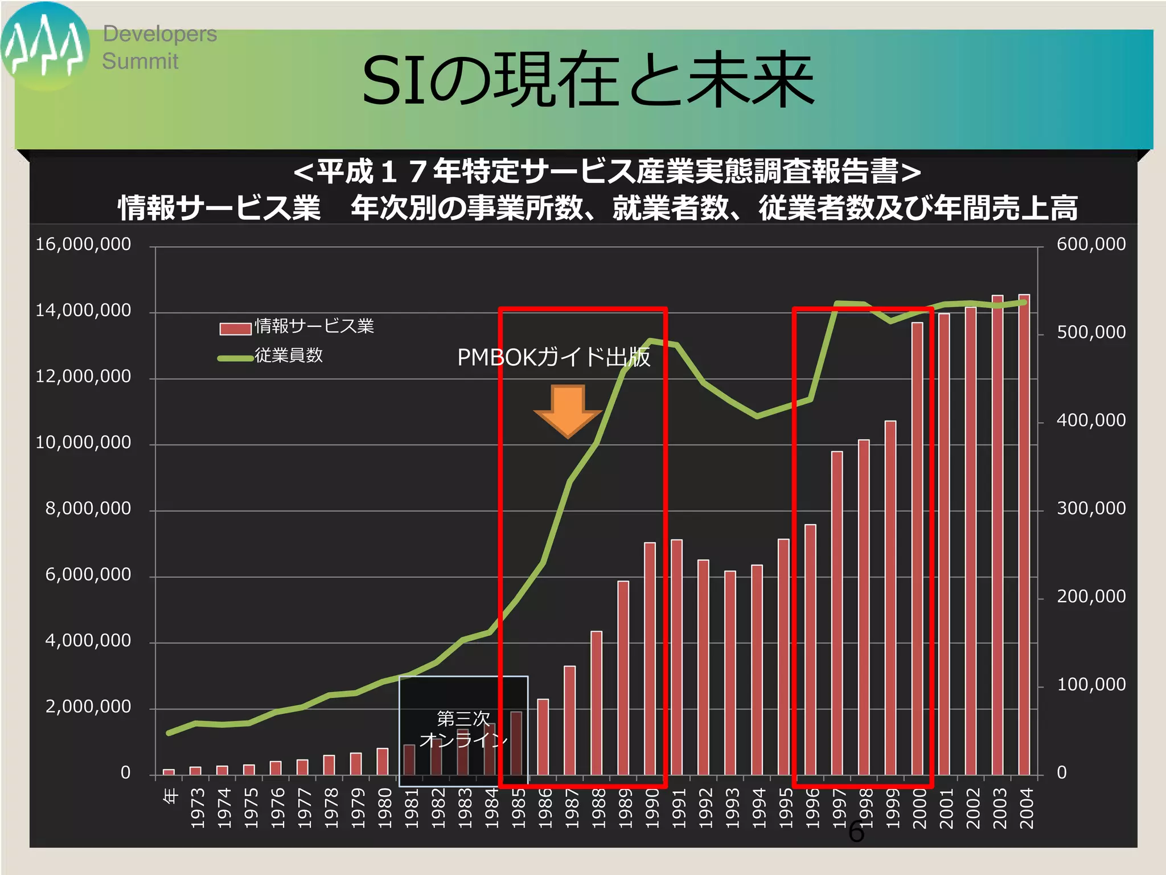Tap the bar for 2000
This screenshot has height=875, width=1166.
click(917, 549)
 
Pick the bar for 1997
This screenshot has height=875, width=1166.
click(836, 613)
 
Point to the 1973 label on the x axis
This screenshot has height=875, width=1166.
click(197, 808)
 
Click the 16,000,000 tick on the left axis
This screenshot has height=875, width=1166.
click(83, 244)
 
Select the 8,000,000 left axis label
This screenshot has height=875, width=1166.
click(88, 509)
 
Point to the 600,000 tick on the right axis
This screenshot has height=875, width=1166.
click(1091, 244)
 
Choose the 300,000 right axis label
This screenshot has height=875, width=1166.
click(1091, 509)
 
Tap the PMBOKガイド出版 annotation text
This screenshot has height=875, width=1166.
click(553, 358)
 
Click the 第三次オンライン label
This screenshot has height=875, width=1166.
click(463, 729)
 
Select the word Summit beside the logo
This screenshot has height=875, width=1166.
click(140, 62)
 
